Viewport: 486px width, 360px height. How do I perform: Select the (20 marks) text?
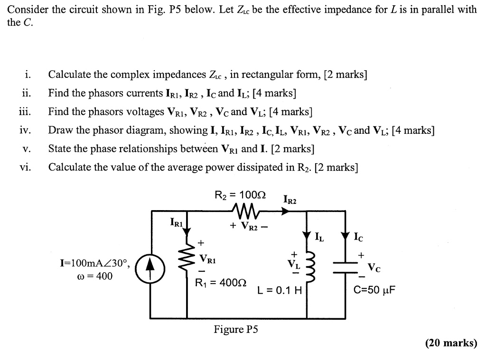[x=451, y=343]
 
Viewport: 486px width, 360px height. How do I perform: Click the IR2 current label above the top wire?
[x=290, y=200]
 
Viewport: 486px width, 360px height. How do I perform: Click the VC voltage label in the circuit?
[x=374, y=267]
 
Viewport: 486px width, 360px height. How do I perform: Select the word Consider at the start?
[x=26, y=9]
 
